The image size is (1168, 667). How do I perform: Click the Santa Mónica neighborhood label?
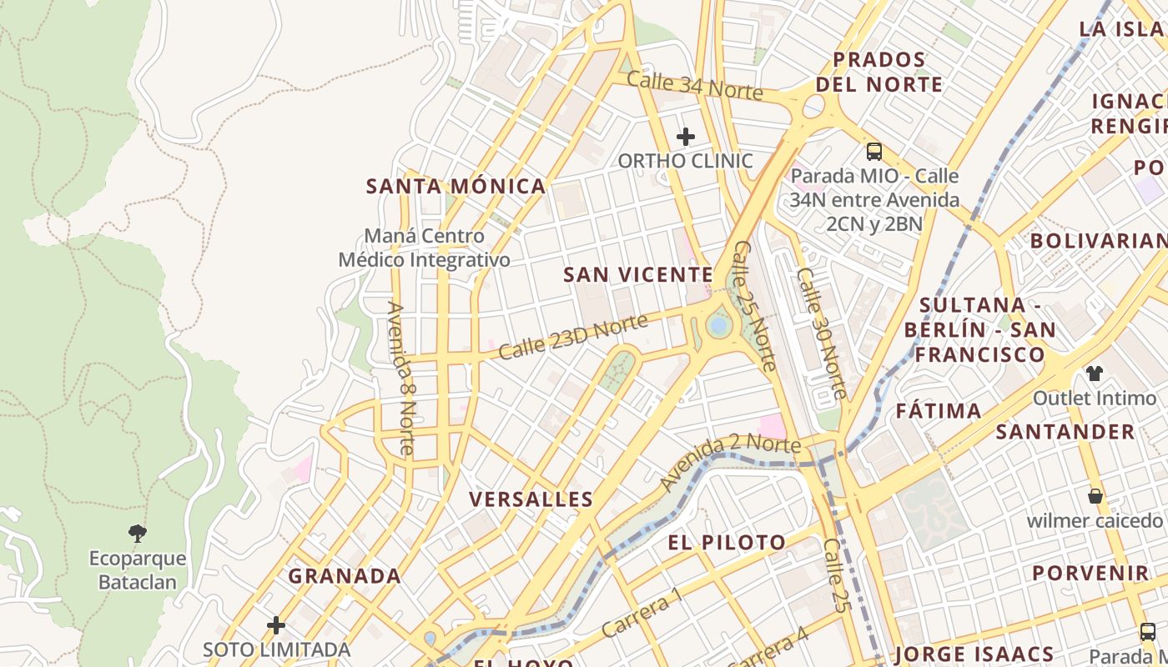point(456,186)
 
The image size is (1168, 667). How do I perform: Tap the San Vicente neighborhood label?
point(638,274)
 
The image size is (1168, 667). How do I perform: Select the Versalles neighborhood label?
point(531,499)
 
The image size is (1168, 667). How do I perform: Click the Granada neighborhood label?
point(345,576)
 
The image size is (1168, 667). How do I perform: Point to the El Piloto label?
point(726,543)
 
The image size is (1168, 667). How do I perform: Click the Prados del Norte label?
point(879,72)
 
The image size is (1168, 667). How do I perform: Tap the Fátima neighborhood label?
point(939,411)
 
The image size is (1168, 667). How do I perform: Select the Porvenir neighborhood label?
point(1090,574)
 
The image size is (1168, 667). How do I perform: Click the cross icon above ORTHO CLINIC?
point(686,136)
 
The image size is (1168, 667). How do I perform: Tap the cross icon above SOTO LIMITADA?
point(276,624)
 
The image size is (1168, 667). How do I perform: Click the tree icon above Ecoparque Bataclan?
point(138,533)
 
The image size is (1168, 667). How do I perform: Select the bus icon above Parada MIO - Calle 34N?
point(873,152)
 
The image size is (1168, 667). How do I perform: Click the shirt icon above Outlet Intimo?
point(1094,373)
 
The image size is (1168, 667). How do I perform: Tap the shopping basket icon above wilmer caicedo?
point(1095,496)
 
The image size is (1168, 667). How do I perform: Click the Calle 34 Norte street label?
point(694,85)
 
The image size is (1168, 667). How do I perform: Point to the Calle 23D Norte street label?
point(573,337)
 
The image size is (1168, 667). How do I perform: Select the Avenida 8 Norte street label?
point(400,377)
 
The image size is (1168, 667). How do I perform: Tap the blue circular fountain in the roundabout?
point(717,324)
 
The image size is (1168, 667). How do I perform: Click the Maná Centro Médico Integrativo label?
point(424,248)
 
